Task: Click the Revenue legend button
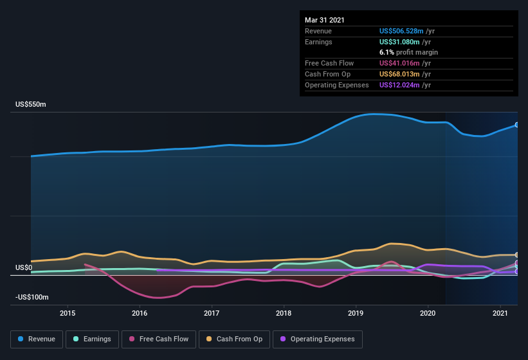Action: [x=37, y=339]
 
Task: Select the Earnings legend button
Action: [x=93, y=339]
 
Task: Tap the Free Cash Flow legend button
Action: [x=158, y=339]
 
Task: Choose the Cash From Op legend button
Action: [x=235, y=339]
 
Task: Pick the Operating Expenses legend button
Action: [x=317, y=339]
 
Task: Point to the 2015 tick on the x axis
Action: [x=68, y=313]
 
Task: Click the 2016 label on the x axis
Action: [x=140, y=313]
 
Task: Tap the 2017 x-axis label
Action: [x=212, y=313]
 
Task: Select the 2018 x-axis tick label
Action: [x=284, y=313]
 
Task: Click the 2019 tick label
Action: [x=356, y=313]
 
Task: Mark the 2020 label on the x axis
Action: [x=428, y=313]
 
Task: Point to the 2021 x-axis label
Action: [x=500, y=313]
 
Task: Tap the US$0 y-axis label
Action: [x=24, y=267]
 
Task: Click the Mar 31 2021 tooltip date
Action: [x=325, y=20]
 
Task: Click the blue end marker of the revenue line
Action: [x=516, y=125]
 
